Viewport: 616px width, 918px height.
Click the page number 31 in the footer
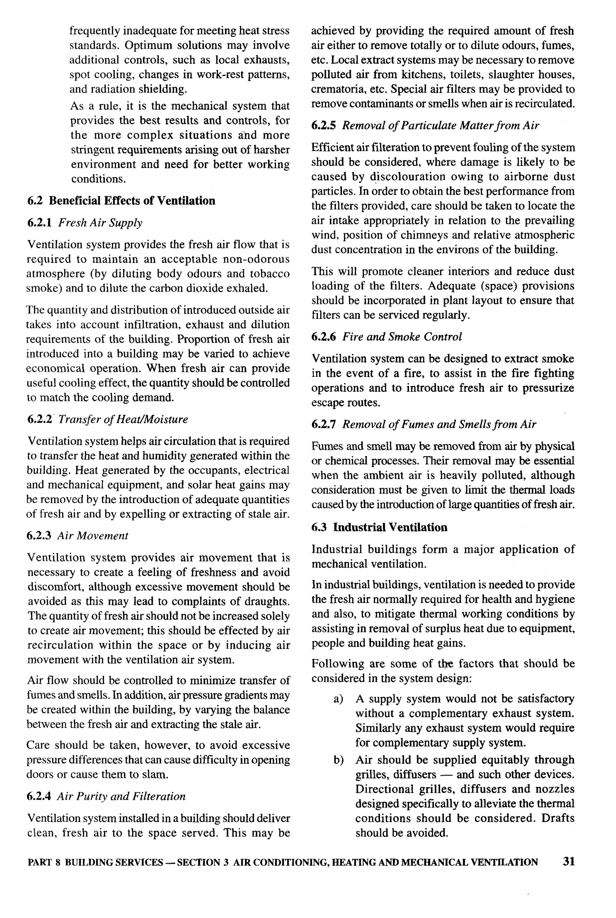tap(568, 861)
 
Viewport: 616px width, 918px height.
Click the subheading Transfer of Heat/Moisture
tap(123, 419)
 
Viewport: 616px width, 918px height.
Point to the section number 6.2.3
tap(39, 536)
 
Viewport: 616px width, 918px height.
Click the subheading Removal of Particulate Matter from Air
tap(440, 126)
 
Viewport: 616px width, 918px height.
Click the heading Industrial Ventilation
tap(390, 527)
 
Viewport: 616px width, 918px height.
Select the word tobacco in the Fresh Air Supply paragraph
tap(269, 274)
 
